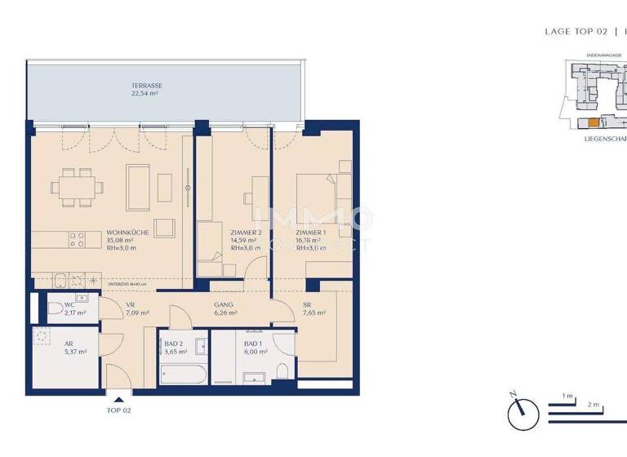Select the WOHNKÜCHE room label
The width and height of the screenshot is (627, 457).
click(x=127, y=233)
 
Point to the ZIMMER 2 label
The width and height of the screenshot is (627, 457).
click(x=246, y=233)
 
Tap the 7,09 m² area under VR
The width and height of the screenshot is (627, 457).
click(x=137, y=313)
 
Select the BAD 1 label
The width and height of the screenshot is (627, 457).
click(x=254, y=344)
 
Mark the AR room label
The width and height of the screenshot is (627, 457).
click(x=69, y=344)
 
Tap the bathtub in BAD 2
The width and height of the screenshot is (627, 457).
click(x=184, y=375)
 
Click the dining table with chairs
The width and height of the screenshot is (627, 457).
click(x=78, y=186)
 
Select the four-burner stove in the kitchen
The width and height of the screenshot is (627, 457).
click(x=78, y=239)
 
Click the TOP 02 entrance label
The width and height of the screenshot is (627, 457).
click(x=119, y=410)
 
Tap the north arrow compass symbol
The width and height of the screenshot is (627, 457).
click(x=522, y=413)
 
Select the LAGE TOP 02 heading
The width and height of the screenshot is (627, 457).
click(x=575, y=31)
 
